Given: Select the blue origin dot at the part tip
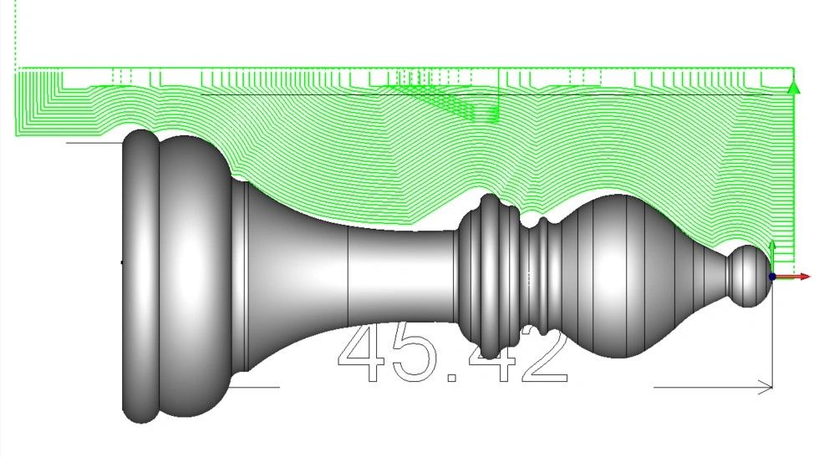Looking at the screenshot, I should (772, 276).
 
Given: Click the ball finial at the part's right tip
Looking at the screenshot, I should (747, 276).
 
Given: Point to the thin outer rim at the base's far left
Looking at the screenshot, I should (139, 276).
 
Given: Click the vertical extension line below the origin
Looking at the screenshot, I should (773, 334).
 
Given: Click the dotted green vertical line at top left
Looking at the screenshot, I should (16, 33).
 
